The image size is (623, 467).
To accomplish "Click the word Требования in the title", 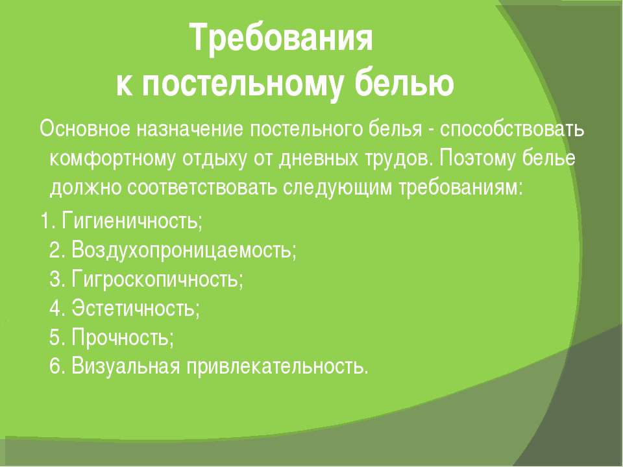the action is click(x=281, y=38).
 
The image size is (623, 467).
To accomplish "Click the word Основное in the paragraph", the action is click(x=85, y=128).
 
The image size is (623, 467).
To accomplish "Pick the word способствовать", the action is click(x=512, y=128).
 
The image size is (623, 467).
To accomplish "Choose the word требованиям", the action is click(x=461, y=187).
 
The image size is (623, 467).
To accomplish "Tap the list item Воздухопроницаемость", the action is click(x=184, y=250).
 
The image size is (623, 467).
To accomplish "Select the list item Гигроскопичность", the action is click(x=157, y=279).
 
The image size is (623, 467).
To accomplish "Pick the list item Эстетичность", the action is click(x=136, y=307).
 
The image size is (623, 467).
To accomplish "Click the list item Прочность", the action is click(x=123, y=337).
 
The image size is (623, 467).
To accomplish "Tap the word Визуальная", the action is click(x=126, y=366).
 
